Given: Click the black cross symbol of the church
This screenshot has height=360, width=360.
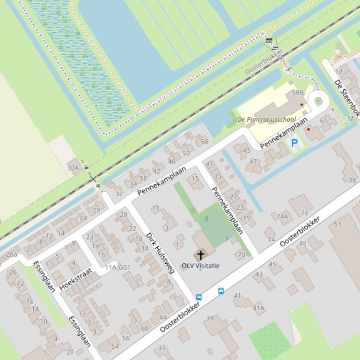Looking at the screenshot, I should [x=201, y=255].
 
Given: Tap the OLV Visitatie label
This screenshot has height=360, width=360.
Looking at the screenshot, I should [x=201, y=266].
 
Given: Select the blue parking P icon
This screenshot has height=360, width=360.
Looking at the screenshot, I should [x=294, y=144].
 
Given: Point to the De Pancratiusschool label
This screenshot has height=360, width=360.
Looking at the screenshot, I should [x=267, y=120].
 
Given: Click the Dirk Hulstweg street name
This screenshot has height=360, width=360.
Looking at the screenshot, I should [x=160, y=253].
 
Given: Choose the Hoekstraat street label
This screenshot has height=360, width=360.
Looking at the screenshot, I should [x=77, y=280].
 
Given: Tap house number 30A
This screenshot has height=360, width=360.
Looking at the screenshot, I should [x=73, y=168].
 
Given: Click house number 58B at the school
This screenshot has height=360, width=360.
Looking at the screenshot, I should [x=298, y=93].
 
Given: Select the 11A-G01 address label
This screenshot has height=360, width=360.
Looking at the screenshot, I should [x=118, y=267].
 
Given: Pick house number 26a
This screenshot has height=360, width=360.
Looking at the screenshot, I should [x=12, y=254].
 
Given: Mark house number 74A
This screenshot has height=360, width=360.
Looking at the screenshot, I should [x=282, y=216].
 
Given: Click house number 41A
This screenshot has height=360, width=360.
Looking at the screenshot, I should [x=258, y=308].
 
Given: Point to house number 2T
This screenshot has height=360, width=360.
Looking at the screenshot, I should [x=70, y=352].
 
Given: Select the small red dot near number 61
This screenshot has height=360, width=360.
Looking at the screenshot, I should [x=309, y=130].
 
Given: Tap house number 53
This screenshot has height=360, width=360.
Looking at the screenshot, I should [x=338, y=224].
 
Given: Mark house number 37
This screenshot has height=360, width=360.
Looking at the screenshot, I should [x=162, y=348].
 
